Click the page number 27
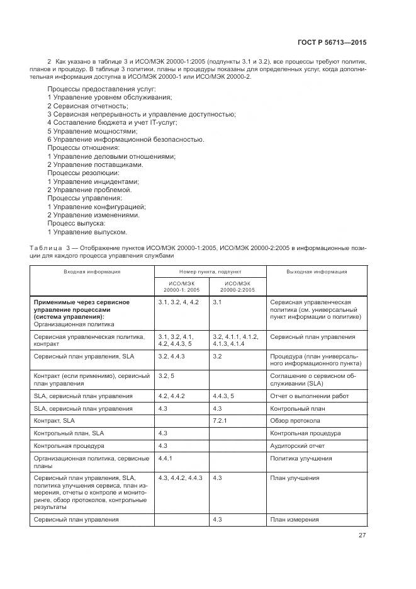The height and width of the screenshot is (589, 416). (x=362, y=535)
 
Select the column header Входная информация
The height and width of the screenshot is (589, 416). (x=92, y=272)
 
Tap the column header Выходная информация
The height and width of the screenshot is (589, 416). (x=317, y=272)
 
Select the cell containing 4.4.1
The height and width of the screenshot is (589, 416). (x=166, y=459)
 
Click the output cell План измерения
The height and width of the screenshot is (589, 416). (x=294, y=520)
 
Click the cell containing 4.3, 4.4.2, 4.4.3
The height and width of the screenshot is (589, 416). (x=181, y=478)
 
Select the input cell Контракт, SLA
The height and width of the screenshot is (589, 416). (x=54, y=420)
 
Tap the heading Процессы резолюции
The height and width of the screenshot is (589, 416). (x=84, y=173)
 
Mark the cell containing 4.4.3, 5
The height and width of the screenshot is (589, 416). (x=223, y=396)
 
